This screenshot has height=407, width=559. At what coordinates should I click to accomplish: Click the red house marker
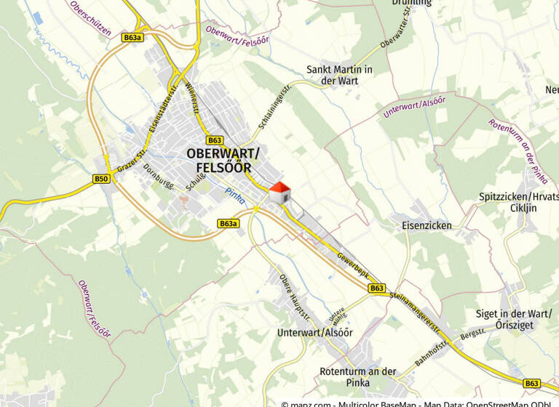[x=280, y=193]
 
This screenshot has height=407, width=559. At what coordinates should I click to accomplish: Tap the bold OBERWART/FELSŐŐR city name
[x=222, y=160]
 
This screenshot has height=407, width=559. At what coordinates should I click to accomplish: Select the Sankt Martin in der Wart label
[x=339, y=75]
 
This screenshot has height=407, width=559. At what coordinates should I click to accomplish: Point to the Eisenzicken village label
[x=427, y=225]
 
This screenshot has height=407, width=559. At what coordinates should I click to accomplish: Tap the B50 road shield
[x=101, y=179]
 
